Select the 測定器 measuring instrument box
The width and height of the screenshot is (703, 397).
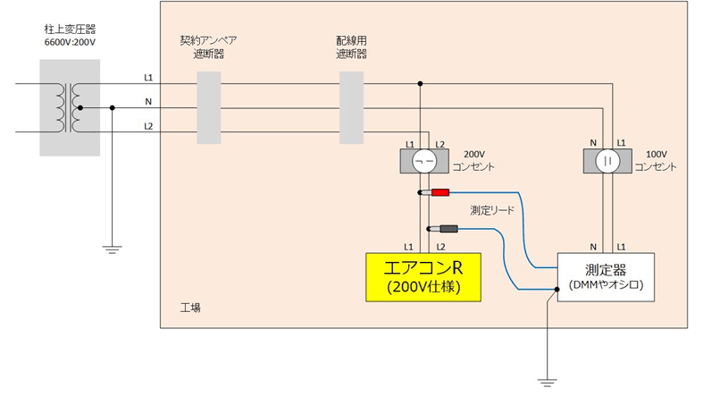pos(606,275)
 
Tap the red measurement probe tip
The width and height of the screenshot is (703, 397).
pos(441,193)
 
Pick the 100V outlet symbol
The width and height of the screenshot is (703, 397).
pos(607,161)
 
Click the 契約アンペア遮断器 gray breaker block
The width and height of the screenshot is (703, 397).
pos(207,108)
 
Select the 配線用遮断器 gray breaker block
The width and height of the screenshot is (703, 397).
pos(352,108)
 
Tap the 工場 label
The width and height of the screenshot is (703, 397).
pos(190,307)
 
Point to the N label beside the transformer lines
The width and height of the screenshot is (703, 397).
pos(148,102)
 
